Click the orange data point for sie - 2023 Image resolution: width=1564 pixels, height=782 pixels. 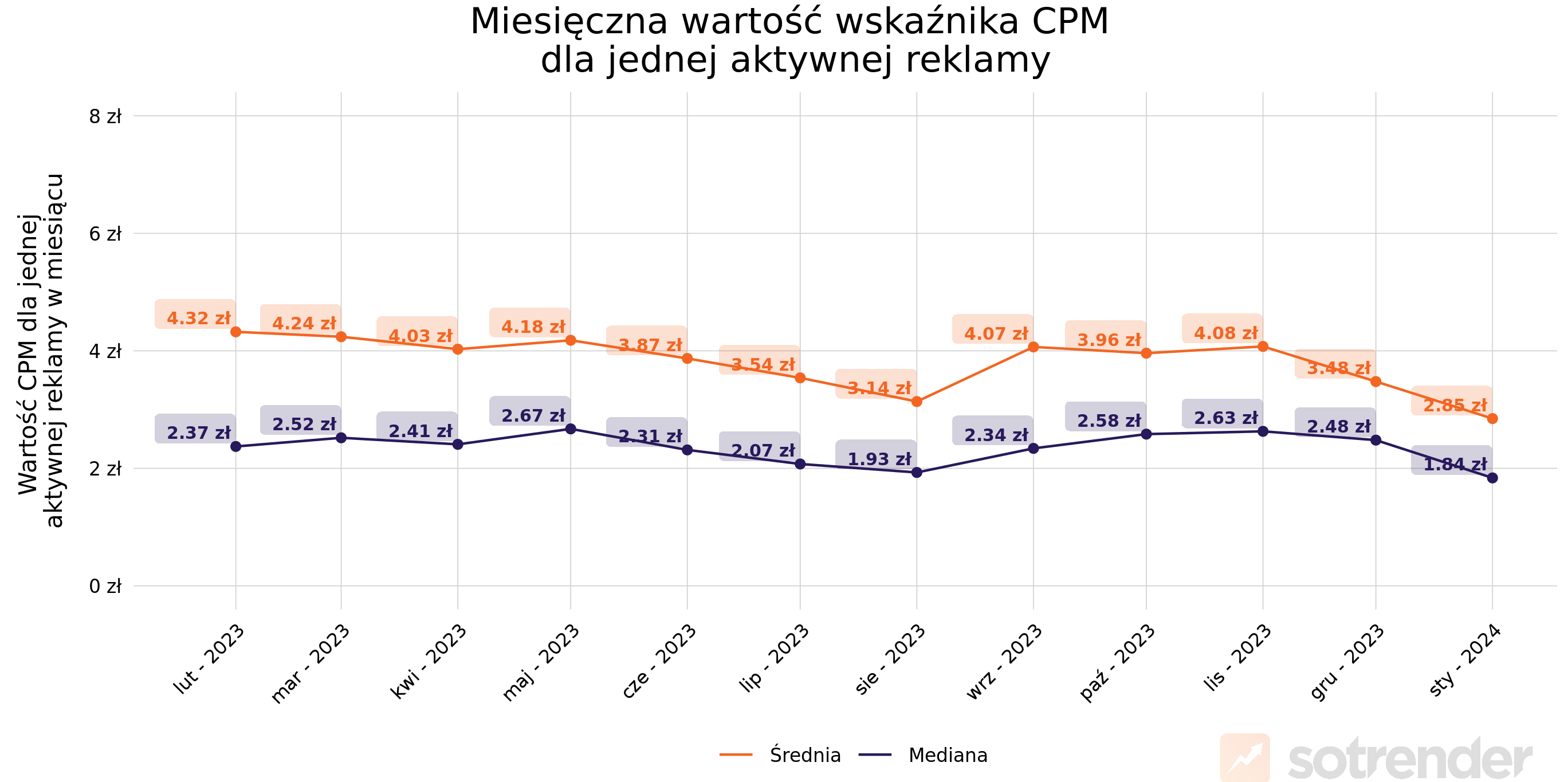coord(917,402)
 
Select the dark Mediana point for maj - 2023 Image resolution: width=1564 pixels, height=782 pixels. coord(571,429)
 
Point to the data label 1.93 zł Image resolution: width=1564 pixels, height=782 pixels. coord(879,459)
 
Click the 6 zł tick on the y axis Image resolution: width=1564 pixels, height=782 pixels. coord(105,234)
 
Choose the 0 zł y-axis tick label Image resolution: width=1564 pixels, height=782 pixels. coord(105,587)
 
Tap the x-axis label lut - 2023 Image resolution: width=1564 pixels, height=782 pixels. coord(210,659)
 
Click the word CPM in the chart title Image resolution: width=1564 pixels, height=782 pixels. coord(1070,22)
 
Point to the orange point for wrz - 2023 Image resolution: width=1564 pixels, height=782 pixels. coord(1034,347)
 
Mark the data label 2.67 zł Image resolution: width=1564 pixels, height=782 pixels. coord(533,415)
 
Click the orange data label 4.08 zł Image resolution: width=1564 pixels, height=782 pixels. coord(1225,333)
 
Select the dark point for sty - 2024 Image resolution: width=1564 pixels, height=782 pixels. coord(1492,478)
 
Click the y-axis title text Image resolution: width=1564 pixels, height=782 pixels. coord(40,351)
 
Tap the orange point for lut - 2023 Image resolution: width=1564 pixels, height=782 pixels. coord(236,332)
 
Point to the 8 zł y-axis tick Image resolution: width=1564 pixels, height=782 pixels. coord(105,116)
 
